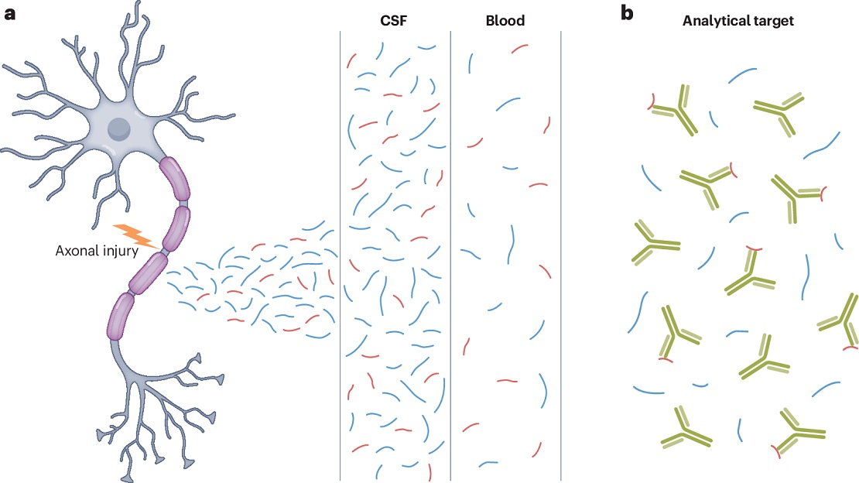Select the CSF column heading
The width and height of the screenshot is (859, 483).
pos(395,21)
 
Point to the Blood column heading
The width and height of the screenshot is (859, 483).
pos(505,21)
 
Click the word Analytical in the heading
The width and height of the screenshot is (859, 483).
pos(712,21)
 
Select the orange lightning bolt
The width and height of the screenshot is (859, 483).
pos(138,235)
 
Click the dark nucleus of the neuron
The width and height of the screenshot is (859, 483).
pos(119,128)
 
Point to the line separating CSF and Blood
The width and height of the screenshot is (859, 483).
pos(450,255)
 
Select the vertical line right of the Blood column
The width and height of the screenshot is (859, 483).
pos(560,255)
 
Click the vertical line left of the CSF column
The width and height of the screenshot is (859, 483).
pos(341,255)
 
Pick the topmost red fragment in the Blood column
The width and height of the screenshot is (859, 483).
pos(520,48)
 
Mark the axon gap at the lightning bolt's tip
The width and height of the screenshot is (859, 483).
pos(164,250)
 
